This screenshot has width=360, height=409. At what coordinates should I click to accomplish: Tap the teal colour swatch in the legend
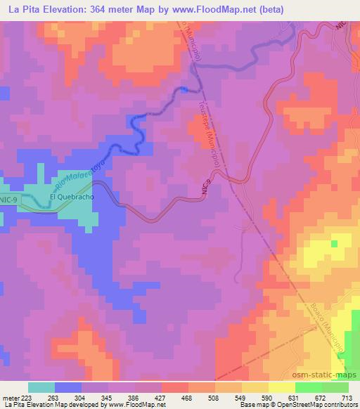(41, 387)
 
